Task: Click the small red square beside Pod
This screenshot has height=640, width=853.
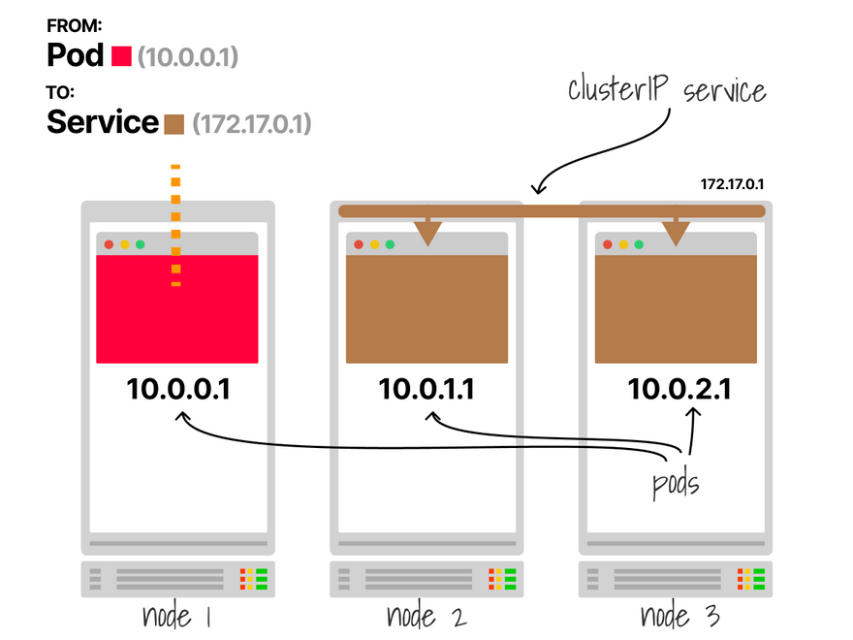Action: [121, 57]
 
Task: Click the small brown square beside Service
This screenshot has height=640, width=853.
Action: [174, 124]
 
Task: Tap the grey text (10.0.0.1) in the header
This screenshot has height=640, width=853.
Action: [187, 58]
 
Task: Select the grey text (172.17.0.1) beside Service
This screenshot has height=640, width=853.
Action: [252, 125]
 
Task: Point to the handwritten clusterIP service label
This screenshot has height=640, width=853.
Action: [667, 91]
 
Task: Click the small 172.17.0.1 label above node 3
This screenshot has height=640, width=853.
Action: [733, 183]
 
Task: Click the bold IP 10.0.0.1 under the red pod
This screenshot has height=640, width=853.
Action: [177, 390]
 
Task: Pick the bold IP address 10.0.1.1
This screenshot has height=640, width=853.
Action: [426, 390]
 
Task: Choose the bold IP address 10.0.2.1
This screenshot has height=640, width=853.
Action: [679, 390]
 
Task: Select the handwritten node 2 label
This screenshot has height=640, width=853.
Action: [426, 616]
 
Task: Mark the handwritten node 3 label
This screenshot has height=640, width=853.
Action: [679, 616]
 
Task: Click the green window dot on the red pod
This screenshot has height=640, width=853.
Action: [141, 244]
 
